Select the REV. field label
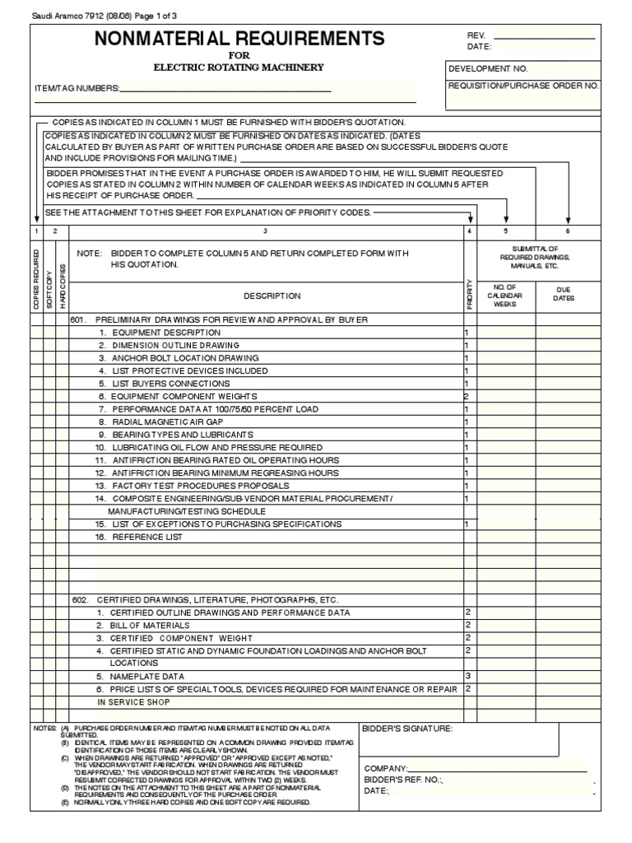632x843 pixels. coord(476,37)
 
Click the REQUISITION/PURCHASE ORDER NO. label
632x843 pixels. coord(523,86)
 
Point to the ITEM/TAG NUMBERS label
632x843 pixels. coord(77,88)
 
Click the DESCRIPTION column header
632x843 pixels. coord(272,296)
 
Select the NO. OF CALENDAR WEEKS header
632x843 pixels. coord(504,296)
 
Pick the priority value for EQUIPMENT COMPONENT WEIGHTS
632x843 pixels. coord(466,396)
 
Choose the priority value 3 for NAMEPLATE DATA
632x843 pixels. coord(467,676)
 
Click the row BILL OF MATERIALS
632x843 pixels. coord(150,626)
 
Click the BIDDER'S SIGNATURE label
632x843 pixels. coord(407,729)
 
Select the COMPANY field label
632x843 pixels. coord(386,768)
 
